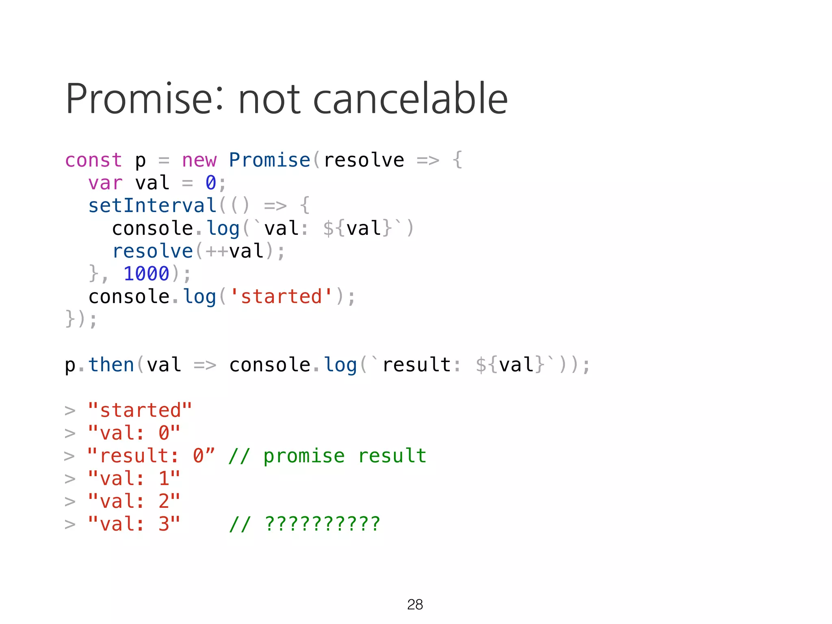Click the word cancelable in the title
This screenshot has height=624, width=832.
point(410,99)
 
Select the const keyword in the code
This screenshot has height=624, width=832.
point(93,160)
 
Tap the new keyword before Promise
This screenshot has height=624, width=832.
point(199,160)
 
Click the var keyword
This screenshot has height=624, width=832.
point(105,183)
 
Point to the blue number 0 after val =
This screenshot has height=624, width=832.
point(211,183)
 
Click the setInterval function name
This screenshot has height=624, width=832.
point(152,206)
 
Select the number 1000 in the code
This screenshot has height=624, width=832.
point(146,274)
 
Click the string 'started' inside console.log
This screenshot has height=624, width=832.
point(281,297)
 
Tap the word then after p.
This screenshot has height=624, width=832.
point(111,365)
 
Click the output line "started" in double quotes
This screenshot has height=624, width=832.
point(140,410)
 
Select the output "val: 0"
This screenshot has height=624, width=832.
point(134,433)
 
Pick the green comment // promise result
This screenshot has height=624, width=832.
point(327,456)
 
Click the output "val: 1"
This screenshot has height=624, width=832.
point(134,479)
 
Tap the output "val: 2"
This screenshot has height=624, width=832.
point(134,501)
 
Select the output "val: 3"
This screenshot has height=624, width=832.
point(134,524)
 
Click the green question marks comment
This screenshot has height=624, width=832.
point(305,524)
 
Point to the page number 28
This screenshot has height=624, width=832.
point(415,604)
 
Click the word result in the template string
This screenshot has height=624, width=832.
point(416,365)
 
